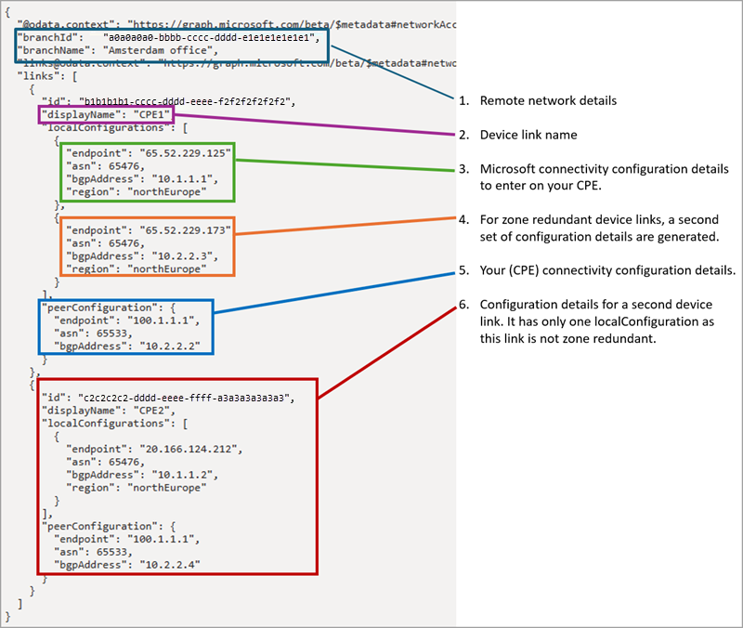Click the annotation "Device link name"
point(528,135)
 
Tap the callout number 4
point(463,219)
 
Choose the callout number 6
point(463,305)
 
